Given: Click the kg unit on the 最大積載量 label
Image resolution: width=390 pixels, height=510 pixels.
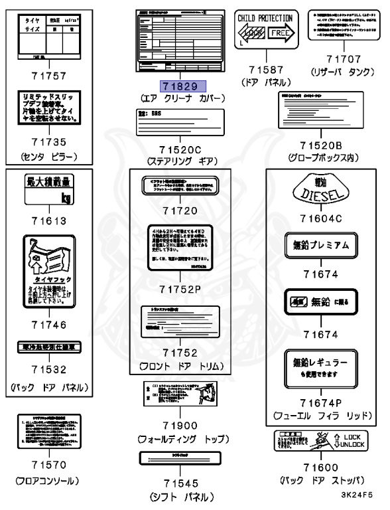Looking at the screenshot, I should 64,198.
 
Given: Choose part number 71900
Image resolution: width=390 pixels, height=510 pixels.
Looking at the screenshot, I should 184,424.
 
